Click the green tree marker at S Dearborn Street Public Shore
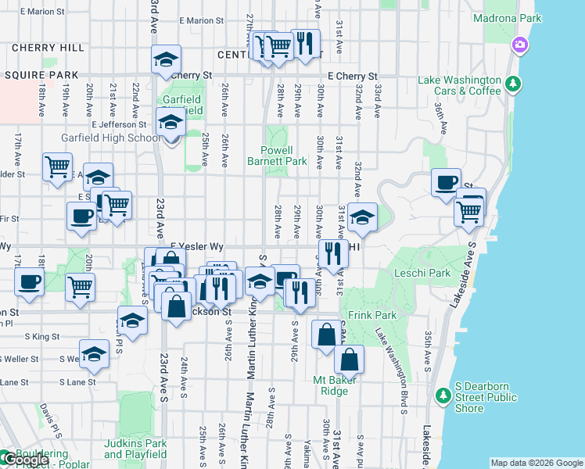pos(443,395)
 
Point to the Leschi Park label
pos(429,273)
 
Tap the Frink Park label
pos(373,315)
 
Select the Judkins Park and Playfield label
pos(135,449)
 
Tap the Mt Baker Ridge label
pos(336,385)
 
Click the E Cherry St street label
pos(353,77)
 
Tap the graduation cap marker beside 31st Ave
pos(362,217)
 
